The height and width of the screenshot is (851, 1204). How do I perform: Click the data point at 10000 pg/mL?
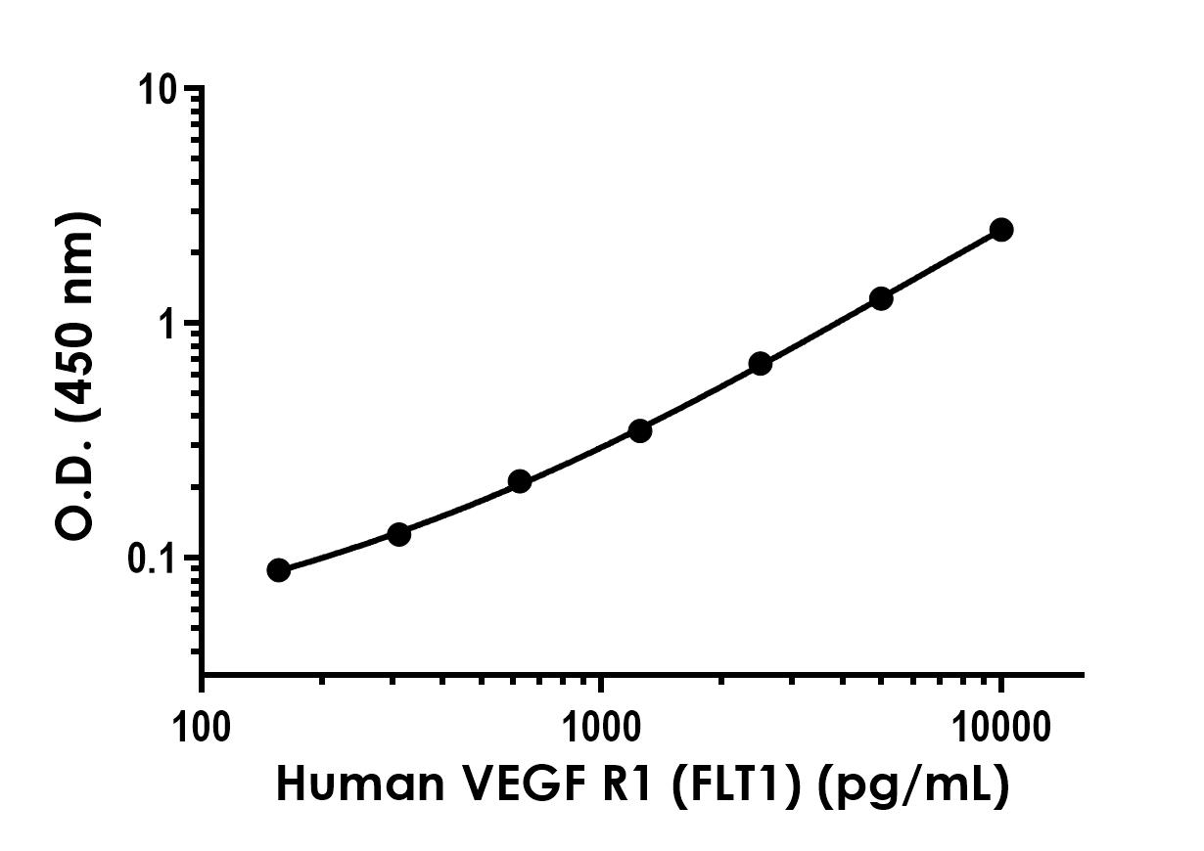coord(1000,230)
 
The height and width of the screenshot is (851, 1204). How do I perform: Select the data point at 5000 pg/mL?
coord(880,298)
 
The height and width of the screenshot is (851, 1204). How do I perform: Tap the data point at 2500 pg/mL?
coord(760,364)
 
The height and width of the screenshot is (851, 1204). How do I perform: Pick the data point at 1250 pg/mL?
coord(639,430)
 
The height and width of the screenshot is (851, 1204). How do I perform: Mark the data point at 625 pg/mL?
coord(520,481)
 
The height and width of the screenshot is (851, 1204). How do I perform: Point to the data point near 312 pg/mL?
coord(398,534)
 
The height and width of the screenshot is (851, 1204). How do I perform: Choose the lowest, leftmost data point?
coord(278,570)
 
